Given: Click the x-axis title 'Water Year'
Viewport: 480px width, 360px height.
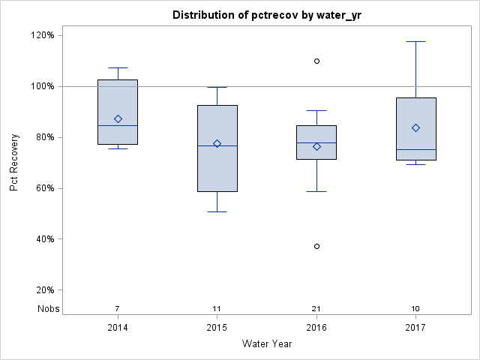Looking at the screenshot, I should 266,343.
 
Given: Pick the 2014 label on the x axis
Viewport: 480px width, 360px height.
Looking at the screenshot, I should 118,328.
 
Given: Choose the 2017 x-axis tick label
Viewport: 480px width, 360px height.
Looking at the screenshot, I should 415,328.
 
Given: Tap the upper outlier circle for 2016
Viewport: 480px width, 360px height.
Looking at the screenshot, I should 316,61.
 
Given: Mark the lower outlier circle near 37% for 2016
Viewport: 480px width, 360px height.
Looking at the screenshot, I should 316,246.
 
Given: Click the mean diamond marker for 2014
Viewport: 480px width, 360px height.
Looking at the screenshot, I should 118,118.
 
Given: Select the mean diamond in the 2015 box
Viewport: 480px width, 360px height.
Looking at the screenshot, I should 217,143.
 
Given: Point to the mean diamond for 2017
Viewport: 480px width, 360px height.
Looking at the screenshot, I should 415,127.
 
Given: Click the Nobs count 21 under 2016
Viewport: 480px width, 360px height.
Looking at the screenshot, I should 316,309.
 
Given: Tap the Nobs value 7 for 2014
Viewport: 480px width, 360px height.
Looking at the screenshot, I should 118,309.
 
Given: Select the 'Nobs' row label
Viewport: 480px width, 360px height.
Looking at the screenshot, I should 49,309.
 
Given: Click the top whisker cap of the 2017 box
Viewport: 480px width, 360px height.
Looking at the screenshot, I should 415,41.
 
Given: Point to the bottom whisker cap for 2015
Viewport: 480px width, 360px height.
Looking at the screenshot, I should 217,211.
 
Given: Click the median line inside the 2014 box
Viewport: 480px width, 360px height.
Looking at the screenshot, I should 118,125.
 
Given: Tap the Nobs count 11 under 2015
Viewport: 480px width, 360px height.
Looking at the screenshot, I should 217,309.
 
